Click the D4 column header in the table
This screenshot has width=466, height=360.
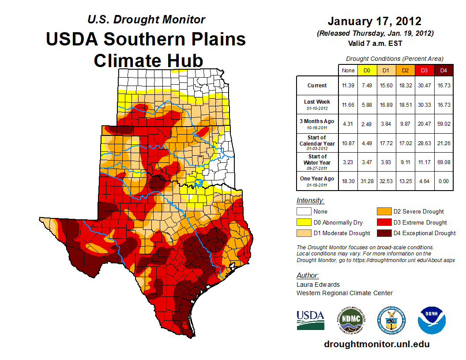[x=444, y=71]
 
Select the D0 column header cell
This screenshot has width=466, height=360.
[x=367, y=71]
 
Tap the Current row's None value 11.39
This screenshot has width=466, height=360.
[x=348, y=86]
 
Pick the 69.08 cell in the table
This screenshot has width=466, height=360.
[x=444, y=162]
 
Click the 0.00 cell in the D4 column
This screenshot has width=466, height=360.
[x=444, y=181]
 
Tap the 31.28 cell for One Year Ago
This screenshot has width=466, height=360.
[x=367, y=181]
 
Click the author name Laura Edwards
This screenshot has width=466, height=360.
[x=318, y=285]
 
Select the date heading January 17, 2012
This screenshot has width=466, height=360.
[x=375, y=21]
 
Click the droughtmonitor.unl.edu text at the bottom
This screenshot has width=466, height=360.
[x=376, y=344]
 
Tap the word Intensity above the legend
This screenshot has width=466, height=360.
[x=310, y=201]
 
